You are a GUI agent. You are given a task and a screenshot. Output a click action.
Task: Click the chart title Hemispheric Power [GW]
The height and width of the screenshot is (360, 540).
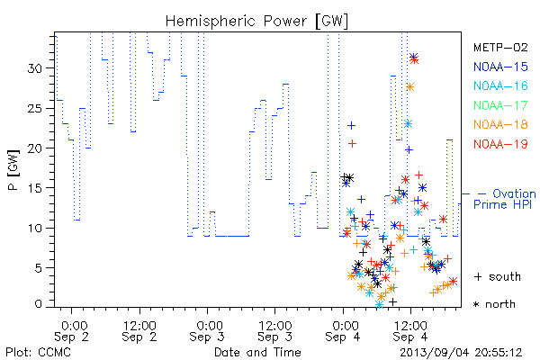click(x=256, y=22)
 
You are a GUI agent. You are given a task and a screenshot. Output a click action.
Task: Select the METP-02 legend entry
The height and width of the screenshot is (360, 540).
click(x=500, y=47)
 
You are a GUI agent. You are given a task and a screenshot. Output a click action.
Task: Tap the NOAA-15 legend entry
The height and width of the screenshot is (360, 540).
click(x=500, y=67)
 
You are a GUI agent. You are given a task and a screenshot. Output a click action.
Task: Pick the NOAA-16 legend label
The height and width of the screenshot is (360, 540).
click(x=500, y=85)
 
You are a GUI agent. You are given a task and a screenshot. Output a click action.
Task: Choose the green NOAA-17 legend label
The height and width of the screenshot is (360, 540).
click(x=500, y=105)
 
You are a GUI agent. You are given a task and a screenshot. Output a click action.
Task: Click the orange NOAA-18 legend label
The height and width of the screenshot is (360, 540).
click(x=500, y=124)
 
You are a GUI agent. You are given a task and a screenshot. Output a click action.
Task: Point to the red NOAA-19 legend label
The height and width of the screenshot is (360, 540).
click(x=500, y=144)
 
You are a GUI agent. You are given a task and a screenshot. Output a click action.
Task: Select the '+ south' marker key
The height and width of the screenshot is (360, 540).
click(x=498, y=276)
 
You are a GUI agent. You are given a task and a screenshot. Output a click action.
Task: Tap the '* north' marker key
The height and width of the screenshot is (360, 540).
click(x=494, y=304)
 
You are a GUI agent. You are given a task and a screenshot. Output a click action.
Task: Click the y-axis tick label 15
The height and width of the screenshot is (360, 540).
click(x=34, y=188)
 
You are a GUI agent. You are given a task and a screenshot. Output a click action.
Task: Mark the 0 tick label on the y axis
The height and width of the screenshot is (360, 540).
click(x=38, y=304)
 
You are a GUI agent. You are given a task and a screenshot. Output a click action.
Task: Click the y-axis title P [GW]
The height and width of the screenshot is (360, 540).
click(x=13, y=170)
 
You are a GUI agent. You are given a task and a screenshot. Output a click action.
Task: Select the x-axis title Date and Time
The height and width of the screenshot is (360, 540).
click(x=257, y=352)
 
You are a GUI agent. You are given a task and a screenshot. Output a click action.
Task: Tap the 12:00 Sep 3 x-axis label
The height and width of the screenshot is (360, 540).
click(x=274, y=330)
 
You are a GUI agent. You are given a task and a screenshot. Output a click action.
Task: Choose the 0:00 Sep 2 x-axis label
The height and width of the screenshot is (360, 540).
click(x=72, y=330)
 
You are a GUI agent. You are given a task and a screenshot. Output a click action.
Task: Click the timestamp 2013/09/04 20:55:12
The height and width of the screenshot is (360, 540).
click(x=461, y=353)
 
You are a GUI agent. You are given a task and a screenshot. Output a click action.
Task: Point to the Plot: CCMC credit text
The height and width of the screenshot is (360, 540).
click(x=38, y=352)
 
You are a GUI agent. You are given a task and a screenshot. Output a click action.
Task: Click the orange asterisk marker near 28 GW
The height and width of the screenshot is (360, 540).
click(x=409, y=86)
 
